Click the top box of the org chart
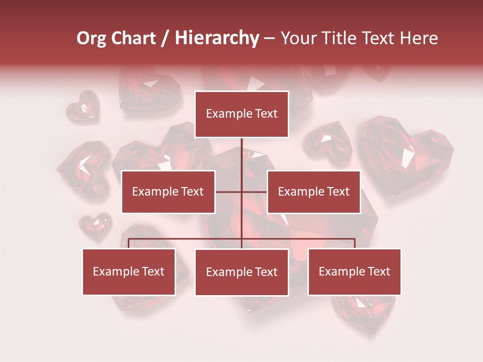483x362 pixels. click(x=242, y=114)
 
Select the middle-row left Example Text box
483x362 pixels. click(x=168, y=192)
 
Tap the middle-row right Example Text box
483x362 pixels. click(x=313, y=192)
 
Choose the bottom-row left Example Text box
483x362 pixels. click(x=129, y=271)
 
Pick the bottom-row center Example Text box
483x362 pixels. click(x=242, y=272)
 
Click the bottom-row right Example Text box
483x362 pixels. click(x=354, y=271)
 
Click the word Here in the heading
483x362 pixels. click(x=417, y=38)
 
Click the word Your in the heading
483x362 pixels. click(x=298, y=38)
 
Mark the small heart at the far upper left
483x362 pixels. click(x=83, y=105)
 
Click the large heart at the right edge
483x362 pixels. click(x=408, y=156)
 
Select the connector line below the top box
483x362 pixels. click(x=242, y=153)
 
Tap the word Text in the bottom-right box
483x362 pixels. click(x=379, y=271)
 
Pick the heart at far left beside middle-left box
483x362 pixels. click(x=83, y=168)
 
